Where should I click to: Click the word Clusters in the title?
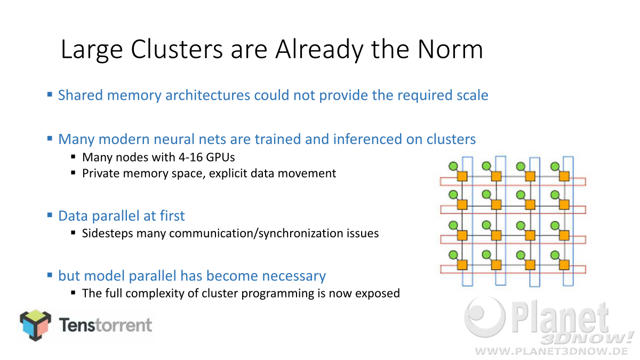177,50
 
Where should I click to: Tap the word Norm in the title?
450,50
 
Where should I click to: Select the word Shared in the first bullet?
81,95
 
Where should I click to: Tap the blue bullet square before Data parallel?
50,215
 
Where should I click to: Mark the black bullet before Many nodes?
74,157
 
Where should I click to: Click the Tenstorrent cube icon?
35,325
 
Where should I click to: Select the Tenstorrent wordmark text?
106,325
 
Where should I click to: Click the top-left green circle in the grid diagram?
453,166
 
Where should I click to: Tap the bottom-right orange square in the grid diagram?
564,265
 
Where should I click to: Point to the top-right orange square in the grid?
564,176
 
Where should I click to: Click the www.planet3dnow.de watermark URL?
552,351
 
